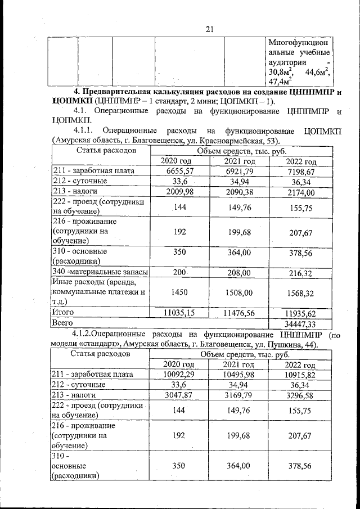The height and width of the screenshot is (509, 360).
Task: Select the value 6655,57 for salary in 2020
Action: coord(177,171)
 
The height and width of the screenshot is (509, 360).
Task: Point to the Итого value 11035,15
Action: coord(177,312)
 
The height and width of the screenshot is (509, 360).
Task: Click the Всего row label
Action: coord(62,323)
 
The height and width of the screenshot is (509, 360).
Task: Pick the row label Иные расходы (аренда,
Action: coord(96,282)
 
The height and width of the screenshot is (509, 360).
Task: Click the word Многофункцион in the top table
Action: coord(299,43)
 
